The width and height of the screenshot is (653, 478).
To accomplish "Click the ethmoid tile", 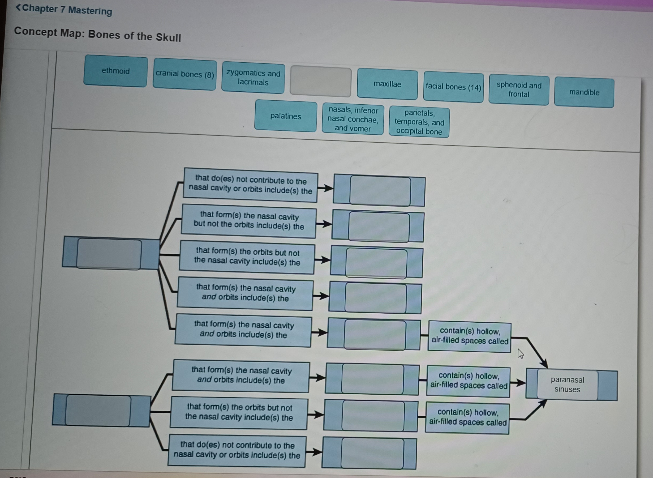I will click(115, 71).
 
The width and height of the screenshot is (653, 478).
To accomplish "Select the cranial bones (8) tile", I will click(185, 74).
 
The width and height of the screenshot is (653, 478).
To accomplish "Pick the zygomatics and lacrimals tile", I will click(253, 78).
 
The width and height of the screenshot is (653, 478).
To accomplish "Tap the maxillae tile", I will click(387, 84).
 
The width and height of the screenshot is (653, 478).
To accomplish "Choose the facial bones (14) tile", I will click(453, 87).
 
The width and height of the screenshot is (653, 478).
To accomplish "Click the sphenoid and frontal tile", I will click(519, 90).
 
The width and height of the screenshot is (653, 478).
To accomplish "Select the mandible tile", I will click(584, 92).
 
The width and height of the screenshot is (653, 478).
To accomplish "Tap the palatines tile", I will click(286, 116).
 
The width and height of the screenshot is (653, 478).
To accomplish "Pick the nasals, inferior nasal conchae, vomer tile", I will click(353, 119).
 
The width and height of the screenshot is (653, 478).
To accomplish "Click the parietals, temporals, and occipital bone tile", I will click(419, 122).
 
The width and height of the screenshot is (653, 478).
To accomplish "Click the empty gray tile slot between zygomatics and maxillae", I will click(321, 81).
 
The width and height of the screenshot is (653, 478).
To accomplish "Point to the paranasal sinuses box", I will click(567, 385).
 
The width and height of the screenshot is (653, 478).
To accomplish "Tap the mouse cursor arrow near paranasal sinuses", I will click(521, 353).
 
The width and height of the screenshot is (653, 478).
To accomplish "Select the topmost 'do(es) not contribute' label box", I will click(250, 185).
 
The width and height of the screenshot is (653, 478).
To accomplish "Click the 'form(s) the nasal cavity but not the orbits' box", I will click(249, 221).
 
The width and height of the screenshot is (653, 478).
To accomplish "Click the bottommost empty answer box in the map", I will click(372, 453).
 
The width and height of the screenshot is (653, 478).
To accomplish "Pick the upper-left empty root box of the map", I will click(109, 254).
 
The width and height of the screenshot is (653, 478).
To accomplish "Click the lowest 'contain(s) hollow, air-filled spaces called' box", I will click(467, 417).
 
